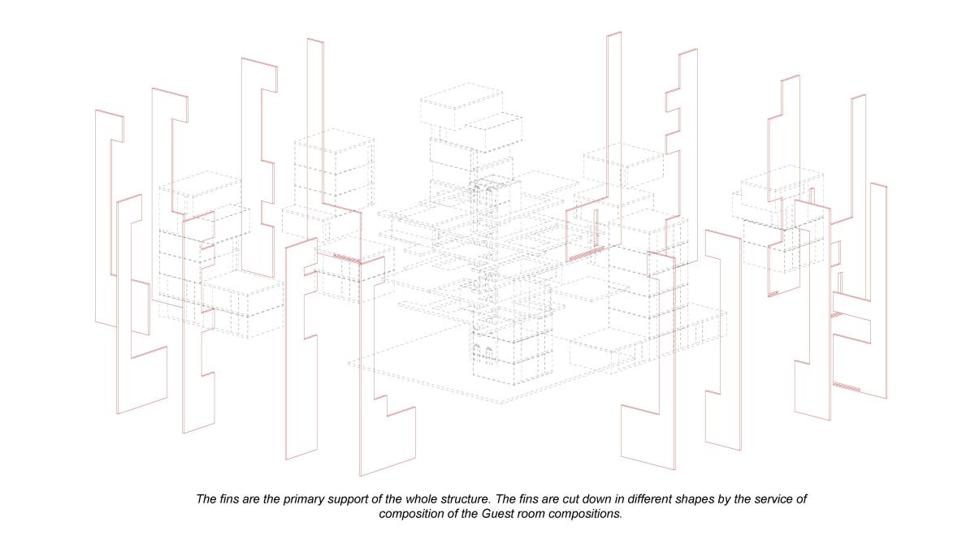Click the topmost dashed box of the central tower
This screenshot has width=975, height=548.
461,106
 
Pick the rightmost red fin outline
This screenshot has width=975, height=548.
860,291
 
